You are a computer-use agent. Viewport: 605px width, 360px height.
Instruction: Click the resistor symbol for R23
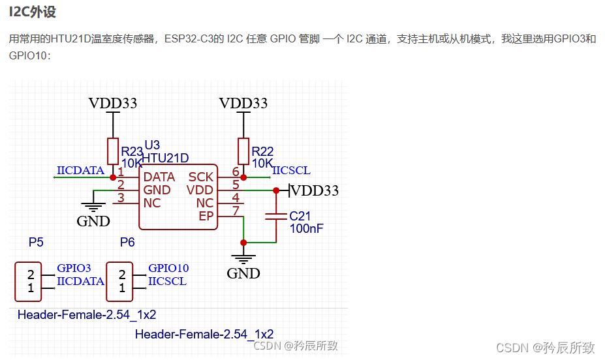click(113, 151)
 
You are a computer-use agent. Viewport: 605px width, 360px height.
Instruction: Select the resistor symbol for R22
click(243, 151)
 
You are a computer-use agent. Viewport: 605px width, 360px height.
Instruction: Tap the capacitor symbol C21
click(276, 215)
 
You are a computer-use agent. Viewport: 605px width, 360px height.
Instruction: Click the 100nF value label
click(306, 228)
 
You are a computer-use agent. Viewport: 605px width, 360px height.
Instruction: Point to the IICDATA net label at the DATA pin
click(80, 171)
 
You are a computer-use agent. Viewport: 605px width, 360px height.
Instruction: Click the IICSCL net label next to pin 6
click(291, 171)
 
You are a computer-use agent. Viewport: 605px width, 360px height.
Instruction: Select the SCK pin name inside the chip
click(201, 177)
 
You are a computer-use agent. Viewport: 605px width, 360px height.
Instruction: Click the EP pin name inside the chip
click(206, 216)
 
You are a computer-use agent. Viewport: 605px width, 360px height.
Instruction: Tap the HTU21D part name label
click(166, 158)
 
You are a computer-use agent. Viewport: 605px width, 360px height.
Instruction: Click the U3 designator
click(151, 145)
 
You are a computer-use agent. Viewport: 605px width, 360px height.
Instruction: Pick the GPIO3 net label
click(74, 268)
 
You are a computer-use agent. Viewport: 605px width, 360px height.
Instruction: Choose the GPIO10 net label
click(168, 268)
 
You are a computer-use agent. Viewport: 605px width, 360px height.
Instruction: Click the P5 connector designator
click(36, 243)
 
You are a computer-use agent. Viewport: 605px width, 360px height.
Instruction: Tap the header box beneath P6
click(119, 282)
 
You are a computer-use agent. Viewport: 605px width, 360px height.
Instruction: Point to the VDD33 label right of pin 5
click(315, 190)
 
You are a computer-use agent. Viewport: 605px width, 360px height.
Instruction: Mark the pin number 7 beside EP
click(236, 210)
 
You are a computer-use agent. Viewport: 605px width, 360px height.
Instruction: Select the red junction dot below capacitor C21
click(243, 243)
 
